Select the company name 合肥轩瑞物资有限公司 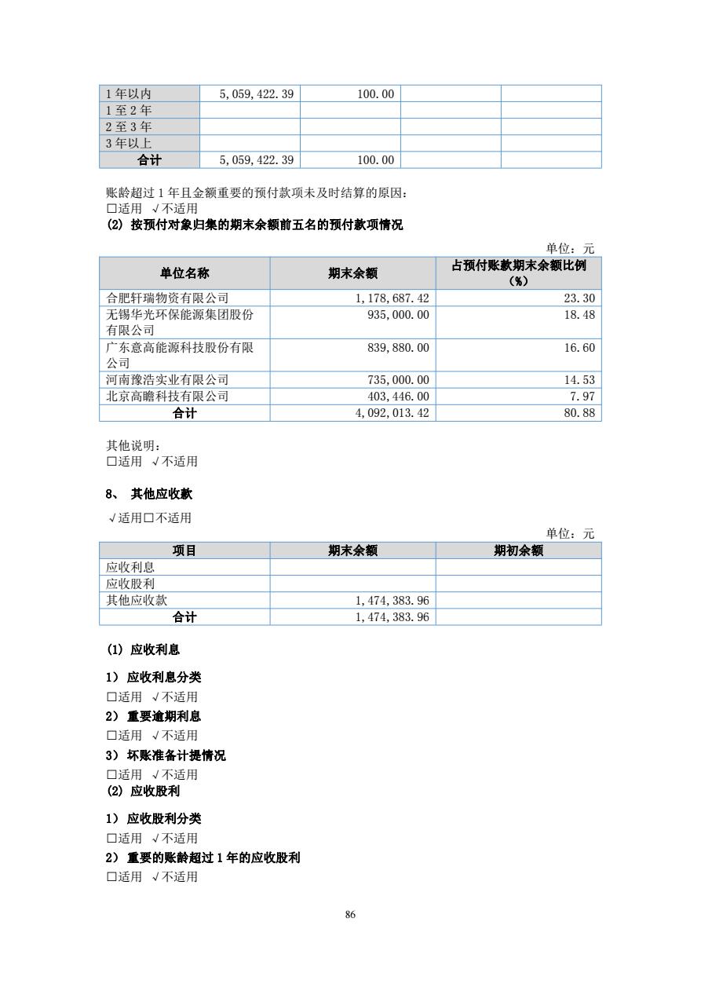point(167,298)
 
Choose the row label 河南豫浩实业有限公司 point(167,380)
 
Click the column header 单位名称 point(184,273)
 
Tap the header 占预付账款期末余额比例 point(518,266)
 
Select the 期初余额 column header point(518,551)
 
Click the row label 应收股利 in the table point(130,584)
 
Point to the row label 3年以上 point(129,144)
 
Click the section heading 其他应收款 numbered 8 point(161,494)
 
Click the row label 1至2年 point(129,111)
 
